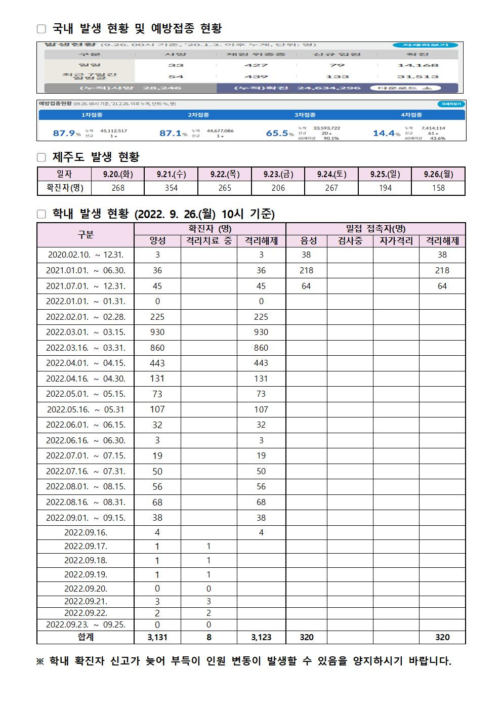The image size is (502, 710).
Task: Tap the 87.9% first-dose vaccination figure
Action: click(66, 134)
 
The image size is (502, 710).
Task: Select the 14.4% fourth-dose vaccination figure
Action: click(386, 134)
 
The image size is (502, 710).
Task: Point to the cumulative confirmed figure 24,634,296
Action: click(329, 88)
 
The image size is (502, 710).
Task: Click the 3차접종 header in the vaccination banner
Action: click(305, 115)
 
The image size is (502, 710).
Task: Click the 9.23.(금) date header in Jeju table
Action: click(278, 174)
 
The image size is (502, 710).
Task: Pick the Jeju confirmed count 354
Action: click(171, 188)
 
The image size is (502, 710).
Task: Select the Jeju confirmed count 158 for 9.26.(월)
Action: click(438, 188)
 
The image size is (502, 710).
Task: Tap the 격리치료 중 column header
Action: click(209, 241)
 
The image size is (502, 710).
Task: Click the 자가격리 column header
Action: click(396, 241)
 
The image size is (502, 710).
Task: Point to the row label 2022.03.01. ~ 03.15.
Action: click(86, 332)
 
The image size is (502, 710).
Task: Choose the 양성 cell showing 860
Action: click(157, 348)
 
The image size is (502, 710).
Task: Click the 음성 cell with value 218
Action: click(306, 270)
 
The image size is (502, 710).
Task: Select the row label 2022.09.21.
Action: click(86, 601)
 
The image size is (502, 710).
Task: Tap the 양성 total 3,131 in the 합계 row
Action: click(157, 637)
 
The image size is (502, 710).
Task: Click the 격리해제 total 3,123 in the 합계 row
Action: click(261, 637)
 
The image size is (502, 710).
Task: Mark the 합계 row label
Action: click(86, 637)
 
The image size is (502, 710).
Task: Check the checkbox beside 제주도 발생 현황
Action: click(41, 158)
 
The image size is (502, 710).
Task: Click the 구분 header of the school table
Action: click(86, 235)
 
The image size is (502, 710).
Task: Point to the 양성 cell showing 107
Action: click(157, 409)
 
